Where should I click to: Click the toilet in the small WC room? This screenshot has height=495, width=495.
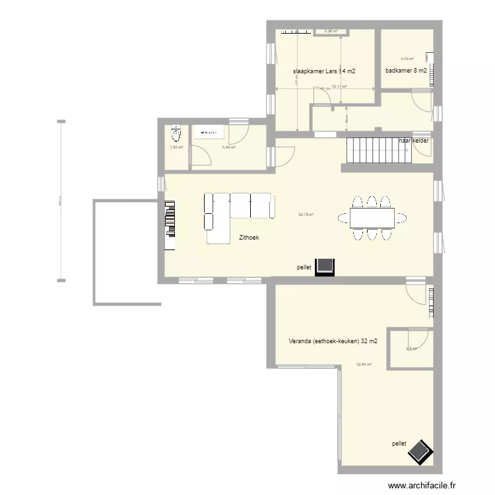coord(175,134)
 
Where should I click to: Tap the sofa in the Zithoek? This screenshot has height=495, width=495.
coord(238,211)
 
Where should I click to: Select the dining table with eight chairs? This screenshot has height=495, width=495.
coord(372,217)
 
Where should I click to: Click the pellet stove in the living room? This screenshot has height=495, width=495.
coord(325,266)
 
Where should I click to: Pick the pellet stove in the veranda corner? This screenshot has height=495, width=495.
coord(420,453)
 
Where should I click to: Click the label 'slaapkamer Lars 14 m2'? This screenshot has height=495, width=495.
coord(324,71)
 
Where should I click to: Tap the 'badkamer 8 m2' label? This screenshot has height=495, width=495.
coord(406,71)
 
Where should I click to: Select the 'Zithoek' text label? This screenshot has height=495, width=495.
coord(249,236)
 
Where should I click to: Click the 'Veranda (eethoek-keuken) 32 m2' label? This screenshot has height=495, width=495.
coord(333,341)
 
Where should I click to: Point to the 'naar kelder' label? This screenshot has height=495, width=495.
coord(414,141)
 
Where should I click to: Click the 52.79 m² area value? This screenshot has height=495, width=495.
coord(306,214)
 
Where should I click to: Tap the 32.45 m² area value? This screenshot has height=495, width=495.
coord(364,364)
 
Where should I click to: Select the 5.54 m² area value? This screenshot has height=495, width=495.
coord(229,147)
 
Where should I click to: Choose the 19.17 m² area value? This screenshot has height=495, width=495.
coord(339,86)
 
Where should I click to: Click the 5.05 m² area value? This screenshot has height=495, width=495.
coord(407,59)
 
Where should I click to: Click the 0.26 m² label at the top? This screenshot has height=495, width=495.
coord(331,30)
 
